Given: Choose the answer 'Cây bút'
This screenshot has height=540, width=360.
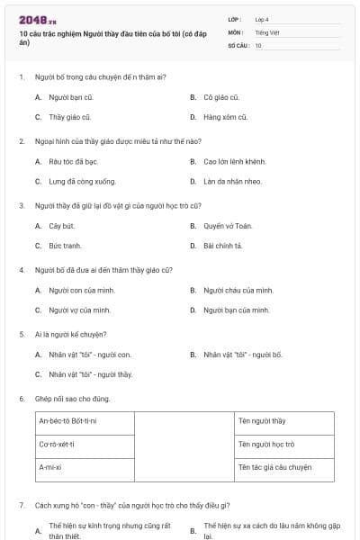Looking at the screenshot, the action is point(61,225).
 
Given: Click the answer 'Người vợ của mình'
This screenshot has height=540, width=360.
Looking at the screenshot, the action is point(79,310).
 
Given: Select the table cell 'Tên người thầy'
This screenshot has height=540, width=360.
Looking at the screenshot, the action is point(283,421).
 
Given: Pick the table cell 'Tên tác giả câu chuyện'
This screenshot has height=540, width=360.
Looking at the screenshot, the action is point(283,468).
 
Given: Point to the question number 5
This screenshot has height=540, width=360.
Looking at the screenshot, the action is point(22,334).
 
